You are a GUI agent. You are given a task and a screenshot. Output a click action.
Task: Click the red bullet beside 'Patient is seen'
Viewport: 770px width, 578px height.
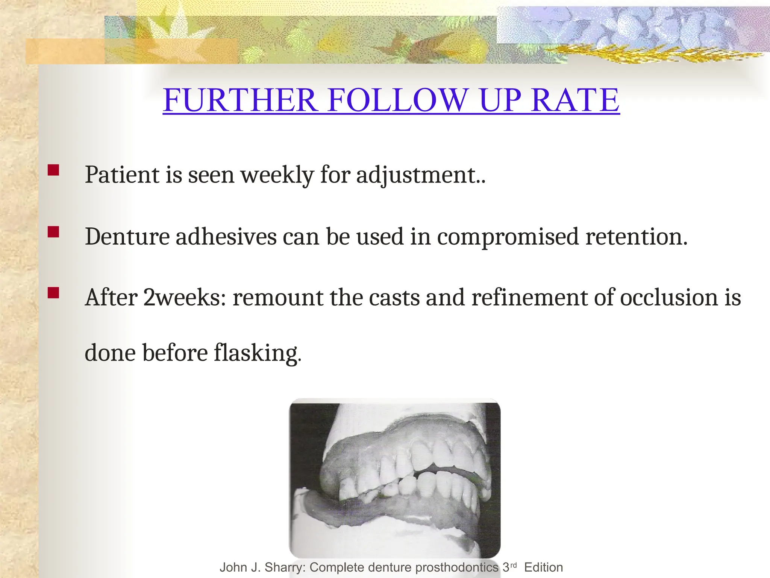pos(53,170)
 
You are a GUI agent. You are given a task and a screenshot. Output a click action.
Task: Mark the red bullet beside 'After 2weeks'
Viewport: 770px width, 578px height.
pos(53,293)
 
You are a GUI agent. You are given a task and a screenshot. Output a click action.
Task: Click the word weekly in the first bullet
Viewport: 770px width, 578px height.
pos(277,175)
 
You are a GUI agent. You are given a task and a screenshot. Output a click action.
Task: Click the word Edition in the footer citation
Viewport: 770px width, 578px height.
pos(543,567)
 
